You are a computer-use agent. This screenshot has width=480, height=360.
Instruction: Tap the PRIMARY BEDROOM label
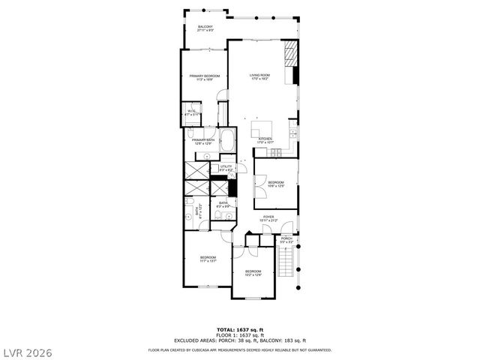[x=205, y=77]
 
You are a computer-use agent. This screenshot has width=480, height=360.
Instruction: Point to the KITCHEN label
[x=265, y=140]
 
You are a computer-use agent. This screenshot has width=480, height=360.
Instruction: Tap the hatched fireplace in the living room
[x=291, y=55]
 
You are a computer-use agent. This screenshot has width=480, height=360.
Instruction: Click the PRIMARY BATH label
[x=203, y=142]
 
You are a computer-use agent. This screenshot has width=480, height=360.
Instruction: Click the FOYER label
[x=268, y=218]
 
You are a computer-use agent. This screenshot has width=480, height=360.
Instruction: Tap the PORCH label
[x=286, y=240]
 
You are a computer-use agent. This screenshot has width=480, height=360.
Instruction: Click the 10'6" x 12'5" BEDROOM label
[x=276, y=184]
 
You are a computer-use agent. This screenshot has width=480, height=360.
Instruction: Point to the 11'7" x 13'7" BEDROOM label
[x=208, y=259]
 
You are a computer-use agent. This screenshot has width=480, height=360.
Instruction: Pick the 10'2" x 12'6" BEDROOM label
[x=253, y=273]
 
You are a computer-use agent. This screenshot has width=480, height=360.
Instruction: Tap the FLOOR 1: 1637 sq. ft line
[x=239, y=334]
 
